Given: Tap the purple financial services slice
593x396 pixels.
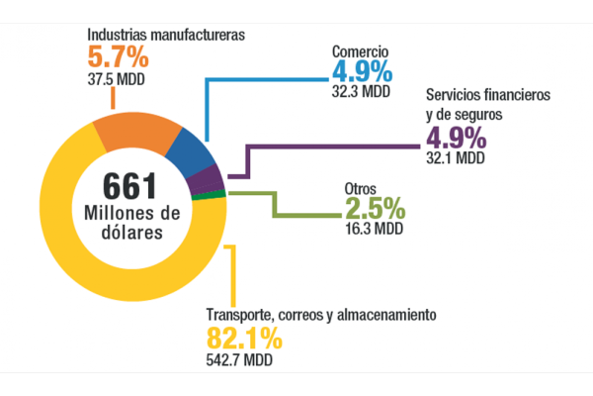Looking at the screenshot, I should pos(208,179).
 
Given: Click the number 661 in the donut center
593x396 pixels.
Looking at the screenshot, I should pos(131,186).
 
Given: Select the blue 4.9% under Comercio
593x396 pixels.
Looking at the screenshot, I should pos(363,72).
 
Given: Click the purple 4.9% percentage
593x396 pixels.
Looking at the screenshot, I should pos(456,138).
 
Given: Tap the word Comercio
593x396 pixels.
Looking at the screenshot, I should pos(362,51).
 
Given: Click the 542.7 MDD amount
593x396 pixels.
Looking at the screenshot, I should pos(238,358).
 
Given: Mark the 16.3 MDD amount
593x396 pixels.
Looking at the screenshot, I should pos(373,228).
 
